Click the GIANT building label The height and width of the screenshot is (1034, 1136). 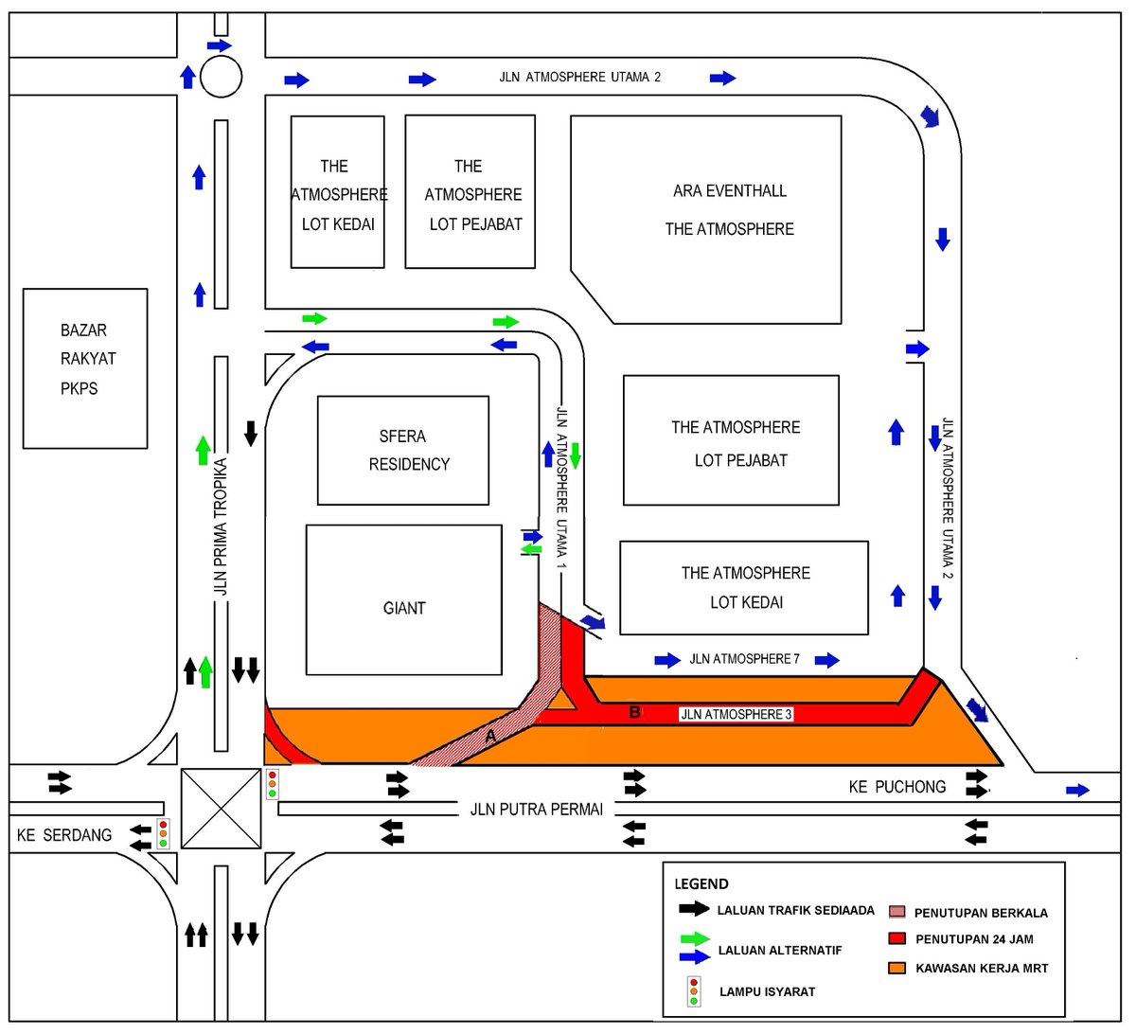click(404, 608)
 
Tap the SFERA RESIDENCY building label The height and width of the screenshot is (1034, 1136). click(409, 450)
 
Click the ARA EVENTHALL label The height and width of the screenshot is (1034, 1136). click(729, 190)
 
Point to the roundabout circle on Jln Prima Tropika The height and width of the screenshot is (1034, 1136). click(222, 76)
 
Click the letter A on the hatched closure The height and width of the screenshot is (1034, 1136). click(490, 735)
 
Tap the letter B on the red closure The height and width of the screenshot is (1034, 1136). click(635, 712)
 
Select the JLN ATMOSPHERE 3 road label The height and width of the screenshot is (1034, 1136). click(736, 714)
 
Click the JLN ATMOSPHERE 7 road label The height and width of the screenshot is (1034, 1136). click(745, 659)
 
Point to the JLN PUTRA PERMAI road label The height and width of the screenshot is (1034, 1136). click(537, 810)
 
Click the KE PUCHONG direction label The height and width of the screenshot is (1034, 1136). click(897, 786)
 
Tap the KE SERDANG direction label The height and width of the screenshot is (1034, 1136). click(64, 835)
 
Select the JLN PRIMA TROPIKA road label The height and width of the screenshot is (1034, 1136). click(221, 526)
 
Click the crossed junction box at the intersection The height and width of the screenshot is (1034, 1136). click(221, 808)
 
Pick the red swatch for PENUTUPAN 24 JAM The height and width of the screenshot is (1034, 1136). click(896, 939)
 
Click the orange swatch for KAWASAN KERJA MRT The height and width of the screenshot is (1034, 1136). click(896, 968)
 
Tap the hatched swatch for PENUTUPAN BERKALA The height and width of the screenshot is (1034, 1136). click(896, 913)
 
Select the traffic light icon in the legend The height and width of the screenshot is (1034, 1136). click(694, 990)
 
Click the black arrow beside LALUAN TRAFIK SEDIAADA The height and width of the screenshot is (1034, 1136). click(694, 909)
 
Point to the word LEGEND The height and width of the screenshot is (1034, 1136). click(701, 884)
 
